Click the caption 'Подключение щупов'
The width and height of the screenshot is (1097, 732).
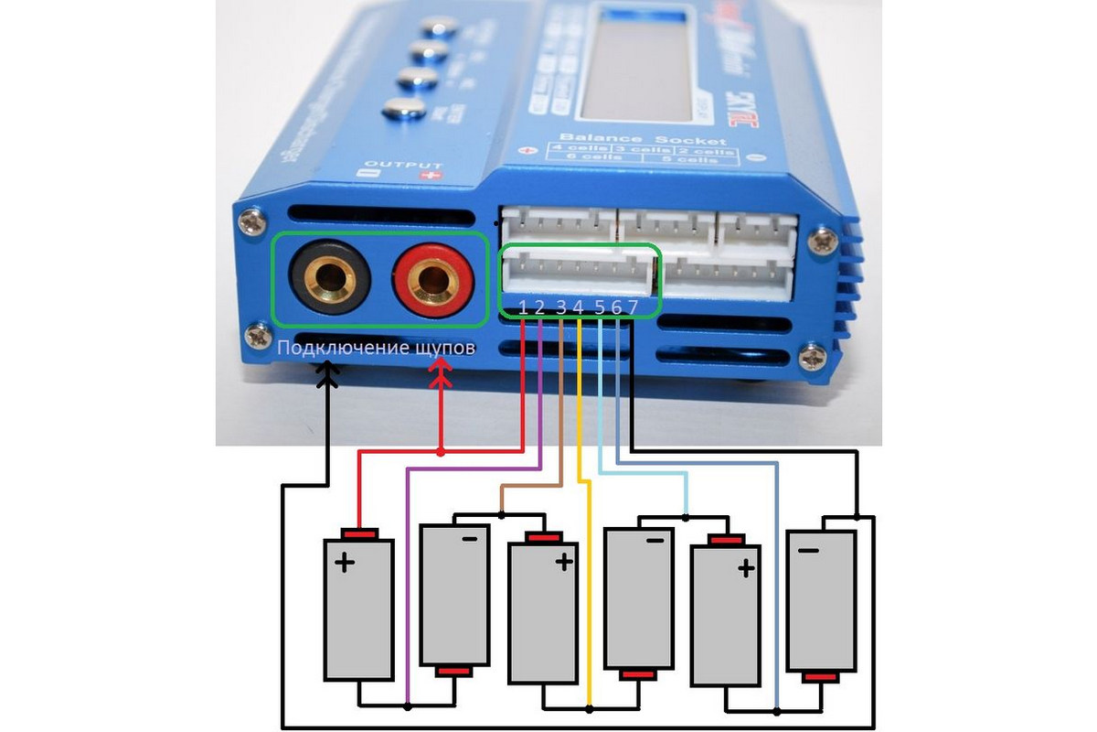[376, 348]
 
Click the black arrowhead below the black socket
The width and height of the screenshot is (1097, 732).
[326, 370]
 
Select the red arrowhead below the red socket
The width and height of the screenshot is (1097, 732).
[442, 370]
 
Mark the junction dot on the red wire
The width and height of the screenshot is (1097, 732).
[442, 451]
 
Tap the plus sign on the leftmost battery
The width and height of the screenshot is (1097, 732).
[345, 564]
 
